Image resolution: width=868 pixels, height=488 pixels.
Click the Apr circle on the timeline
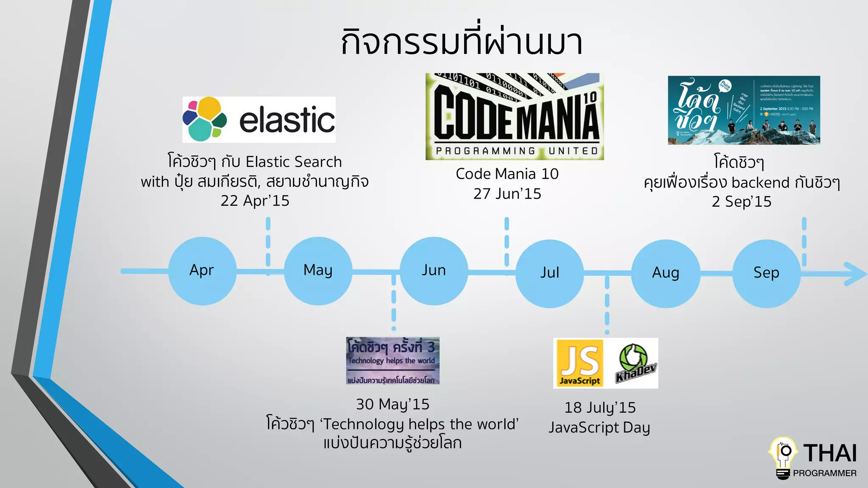click(202, 271)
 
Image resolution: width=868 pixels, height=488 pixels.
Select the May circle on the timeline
click(318, 271)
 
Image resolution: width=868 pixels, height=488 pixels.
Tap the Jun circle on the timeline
click(434, 271)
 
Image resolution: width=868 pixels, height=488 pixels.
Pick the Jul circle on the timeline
click(550, 273)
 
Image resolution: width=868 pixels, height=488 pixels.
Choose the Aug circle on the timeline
click(665, 273)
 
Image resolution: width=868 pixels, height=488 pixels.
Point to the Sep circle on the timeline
click(766, 273)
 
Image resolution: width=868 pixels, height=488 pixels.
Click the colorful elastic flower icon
click(204, 119)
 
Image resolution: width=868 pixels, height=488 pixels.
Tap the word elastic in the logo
click(287, 120)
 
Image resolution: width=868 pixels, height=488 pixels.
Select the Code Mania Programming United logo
click(515, 116)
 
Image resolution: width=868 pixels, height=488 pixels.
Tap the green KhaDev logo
click(634, 363)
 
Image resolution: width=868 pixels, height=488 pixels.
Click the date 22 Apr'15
click(255, 201)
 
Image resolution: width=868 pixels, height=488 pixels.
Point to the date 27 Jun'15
click(507, 194)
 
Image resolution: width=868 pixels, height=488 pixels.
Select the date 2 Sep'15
click(741, 202)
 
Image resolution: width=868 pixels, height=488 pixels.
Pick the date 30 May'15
click(392, 404)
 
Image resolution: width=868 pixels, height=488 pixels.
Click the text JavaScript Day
click(599, 427)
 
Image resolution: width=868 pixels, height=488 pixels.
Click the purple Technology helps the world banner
click(392, 360)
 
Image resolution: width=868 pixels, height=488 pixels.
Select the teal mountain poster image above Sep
click(744, 110)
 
